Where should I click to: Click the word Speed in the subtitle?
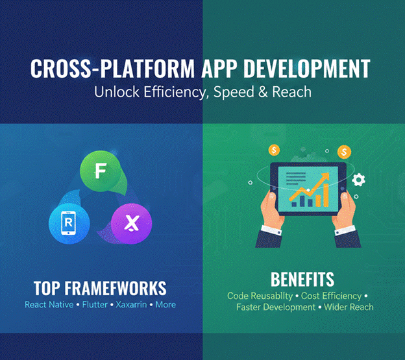pyautogui.click(x=240, y=92)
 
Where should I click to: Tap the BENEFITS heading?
pyautogui.click(x=302, y=280)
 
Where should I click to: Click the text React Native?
pyautogui.click(x=53, y=304)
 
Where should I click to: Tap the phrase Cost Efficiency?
pyautogui.click(x=330, y=296)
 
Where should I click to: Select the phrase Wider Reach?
pyautogui.click(x=349, y=307)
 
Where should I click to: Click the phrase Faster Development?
pyautogui.click(x=276, y=307)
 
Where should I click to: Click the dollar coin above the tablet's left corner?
pyautogui.click(x=274, y=150)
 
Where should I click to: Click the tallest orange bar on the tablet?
pyautogui.click(x=322, y=195)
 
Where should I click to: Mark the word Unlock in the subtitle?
pyautogui.click(x=115, y=92)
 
